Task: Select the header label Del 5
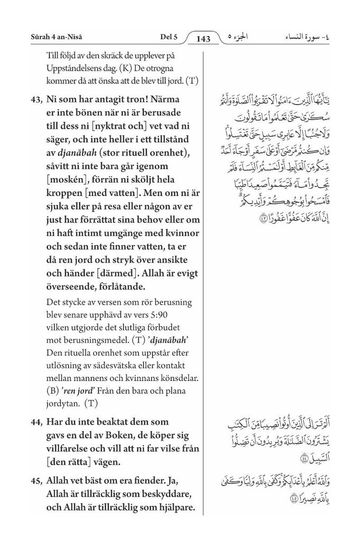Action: point(168,36)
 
